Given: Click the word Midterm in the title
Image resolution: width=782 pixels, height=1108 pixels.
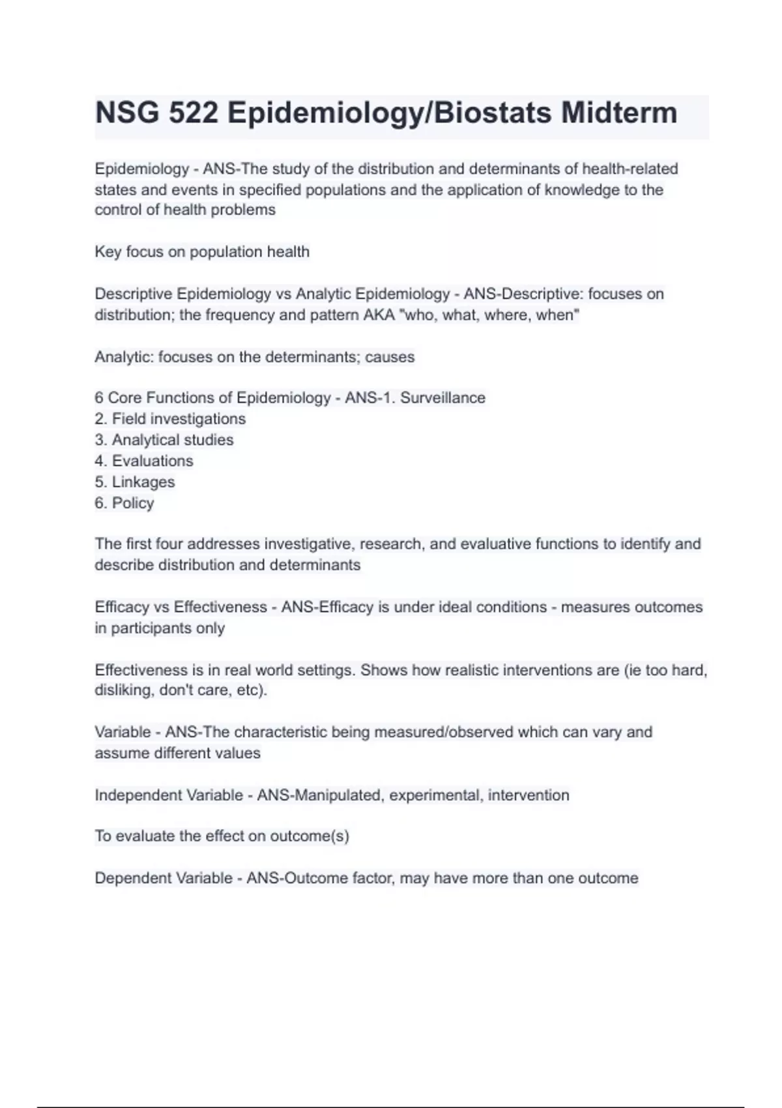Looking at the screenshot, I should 619,113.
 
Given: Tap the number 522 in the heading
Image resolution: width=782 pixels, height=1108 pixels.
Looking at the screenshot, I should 194,113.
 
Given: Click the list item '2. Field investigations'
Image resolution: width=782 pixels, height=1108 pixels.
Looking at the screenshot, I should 170,418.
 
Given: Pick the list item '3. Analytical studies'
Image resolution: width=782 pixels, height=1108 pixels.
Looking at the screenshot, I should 164,440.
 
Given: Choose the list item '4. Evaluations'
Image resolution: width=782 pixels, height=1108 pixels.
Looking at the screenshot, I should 144,461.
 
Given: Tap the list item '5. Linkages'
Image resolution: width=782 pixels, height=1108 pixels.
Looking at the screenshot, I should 135,482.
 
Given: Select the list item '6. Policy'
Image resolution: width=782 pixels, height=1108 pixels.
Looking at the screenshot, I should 124,503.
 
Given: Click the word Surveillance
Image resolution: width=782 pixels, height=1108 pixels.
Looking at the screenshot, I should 442,398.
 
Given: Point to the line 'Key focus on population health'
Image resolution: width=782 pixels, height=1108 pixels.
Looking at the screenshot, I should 202,252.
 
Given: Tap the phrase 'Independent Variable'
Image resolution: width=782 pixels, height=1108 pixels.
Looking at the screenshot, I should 169,795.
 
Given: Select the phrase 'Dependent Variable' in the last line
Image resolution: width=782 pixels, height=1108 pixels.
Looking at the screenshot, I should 164,878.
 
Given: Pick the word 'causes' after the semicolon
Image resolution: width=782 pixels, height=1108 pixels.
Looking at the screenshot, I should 390,357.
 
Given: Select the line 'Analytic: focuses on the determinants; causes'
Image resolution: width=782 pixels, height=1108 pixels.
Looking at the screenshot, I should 255,357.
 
